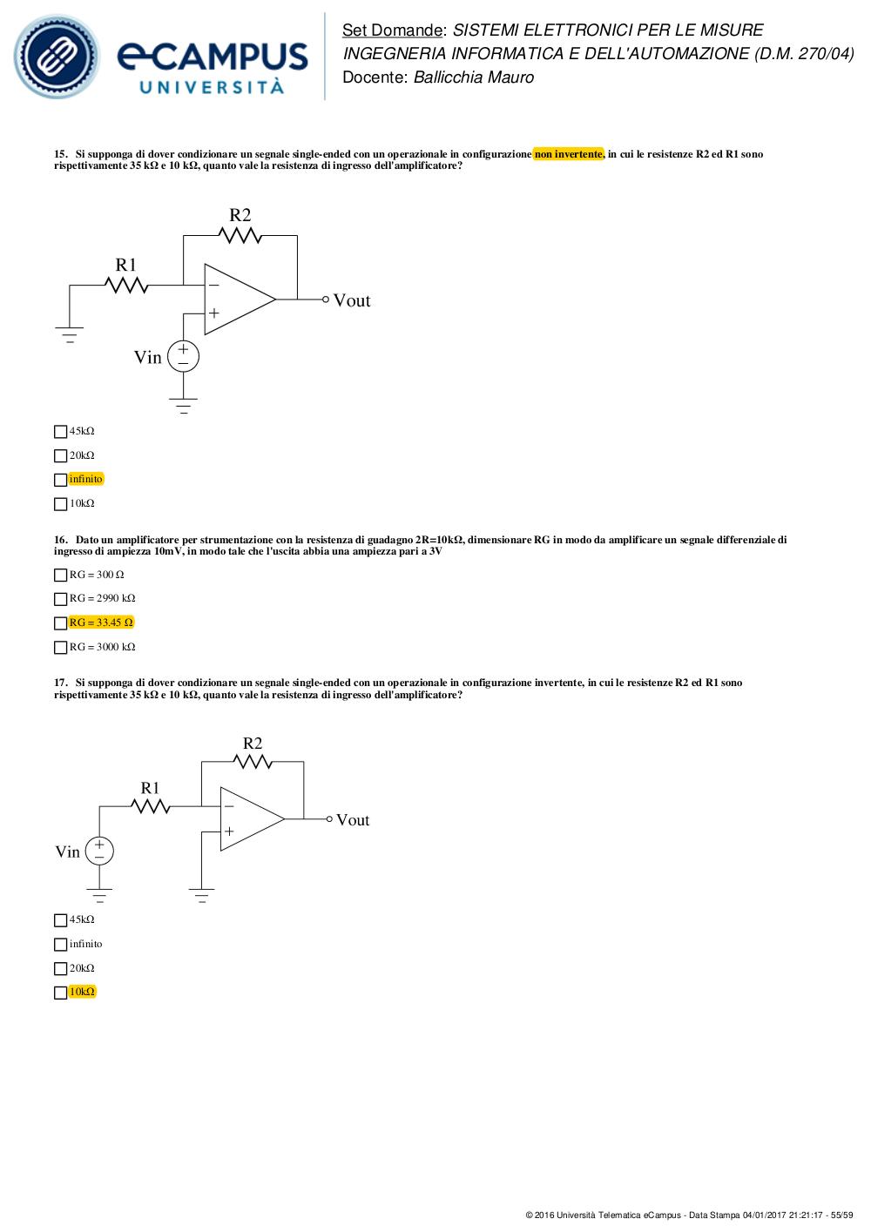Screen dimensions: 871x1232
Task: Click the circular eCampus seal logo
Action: pyautogui.click(x=57, y=57)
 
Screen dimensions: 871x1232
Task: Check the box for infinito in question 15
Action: pyautogui.click(x=60, y=480)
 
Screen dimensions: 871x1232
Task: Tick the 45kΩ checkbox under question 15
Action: pyautogui.click(x=60, y=432)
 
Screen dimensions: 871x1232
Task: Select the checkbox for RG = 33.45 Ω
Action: pyautogui.click(x=60, y=623)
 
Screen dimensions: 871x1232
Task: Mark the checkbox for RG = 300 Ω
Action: pyautogui.click(x=60, y=576)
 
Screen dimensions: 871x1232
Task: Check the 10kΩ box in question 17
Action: pyautogui.click(x=60, y=993)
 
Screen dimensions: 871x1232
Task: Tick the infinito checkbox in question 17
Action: pyautogui.click(x=60, y=945)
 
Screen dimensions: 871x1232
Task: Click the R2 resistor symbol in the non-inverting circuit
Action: pyautogui.click(x=240, y=235)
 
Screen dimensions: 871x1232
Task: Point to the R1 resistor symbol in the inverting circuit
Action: pyautogui.click(x=150, y=806)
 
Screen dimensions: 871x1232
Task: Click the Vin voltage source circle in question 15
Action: pyautogui.click(x=183, y=356)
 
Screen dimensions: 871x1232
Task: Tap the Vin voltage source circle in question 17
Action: pyautogui.click(x=99, y=852)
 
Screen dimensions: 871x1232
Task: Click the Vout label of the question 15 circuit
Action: pyautogui.click(x=352, y=300)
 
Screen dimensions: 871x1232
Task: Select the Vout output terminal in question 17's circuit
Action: pyautogui.click(x=329, y=819)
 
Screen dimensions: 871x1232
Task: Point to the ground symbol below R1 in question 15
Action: pyautogui.click(x=70, y=334)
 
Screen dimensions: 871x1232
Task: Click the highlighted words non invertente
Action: pyautogui.click(x=569, y=154)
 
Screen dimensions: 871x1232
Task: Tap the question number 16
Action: pyautogui.click(x=60, y=540)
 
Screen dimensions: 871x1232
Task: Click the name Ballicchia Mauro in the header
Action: pyautogui.click(x=473, y=77)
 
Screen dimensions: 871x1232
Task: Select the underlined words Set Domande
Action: pyautogui.click(x=392, y=30)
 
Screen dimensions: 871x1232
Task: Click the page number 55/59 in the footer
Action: pyautogui.click(x=842, y=1215)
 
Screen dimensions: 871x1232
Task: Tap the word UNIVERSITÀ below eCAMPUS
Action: pyautogui.click(x=212, y=87)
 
